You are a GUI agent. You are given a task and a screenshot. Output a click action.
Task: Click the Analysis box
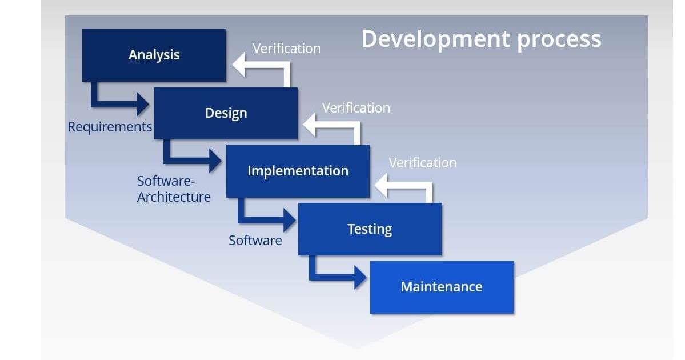(154, 55)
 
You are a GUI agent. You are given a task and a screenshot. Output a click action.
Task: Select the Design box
(226, 113)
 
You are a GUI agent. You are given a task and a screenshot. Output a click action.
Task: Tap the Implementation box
(298, 171)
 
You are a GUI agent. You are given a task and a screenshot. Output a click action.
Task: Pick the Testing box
(370, 229)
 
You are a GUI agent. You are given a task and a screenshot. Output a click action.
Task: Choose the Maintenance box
(442, 287)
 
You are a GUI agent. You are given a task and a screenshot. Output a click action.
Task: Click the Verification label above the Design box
(286, 49)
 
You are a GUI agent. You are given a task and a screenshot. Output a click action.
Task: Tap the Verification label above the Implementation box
(356, 108)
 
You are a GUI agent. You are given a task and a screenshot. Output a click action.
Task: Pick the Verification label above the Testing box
(423, 163)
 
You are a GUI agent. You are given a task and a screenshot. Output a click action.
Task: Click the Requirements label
(110, 127)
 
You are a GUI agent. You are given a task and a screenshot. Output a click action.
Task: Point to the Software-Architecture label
(174, 189)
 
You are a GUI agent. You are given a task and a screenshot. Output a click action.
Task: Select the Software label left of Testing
(255, 241)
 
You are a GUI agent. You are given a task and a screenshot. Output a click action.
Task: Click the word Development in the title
(436, 39)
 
